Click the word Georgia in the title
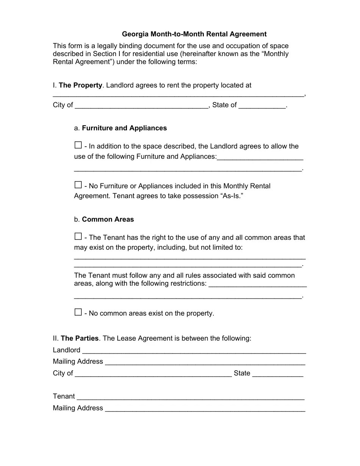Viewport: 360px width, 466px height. tap(135, 34)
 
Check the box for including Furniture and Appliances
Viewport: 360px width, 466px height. tap(78, 145)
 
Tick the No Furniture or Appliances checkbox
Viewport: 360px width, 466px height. tap(78, 185)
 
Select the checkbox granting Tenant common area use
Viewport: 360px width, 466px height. tap(78, 236)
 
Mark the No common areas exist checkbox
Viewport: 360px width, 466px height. tap(78, 312)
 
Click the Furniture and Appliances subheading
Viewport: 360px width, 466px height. tap(124, 128)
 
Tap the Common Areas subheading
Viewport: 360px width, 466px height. tap(108, 219)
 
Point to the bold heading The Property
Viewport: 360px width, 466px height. tap(80, 85)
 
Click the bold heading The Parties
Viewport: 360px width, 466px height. tap(80, 338)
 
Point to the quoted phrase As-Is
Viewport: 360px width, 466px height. tap(230, 196)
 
